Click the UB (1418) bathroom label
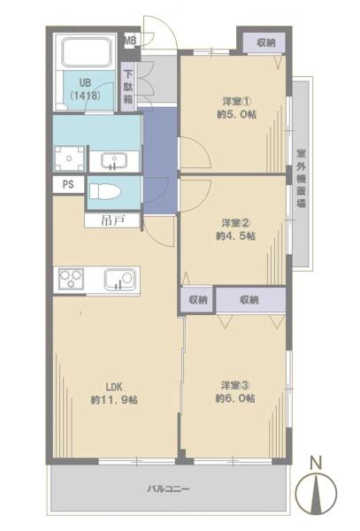tap(86, 86)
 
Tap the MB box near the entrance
tap(130, 41)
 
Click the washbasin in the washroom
tap(112, 160)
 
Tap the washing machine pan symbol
tap(69, 158)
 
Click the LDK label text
tap(113, 386)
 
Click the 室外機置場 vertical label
tap(301, 174)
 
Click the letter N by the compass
tap(316, 462)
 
